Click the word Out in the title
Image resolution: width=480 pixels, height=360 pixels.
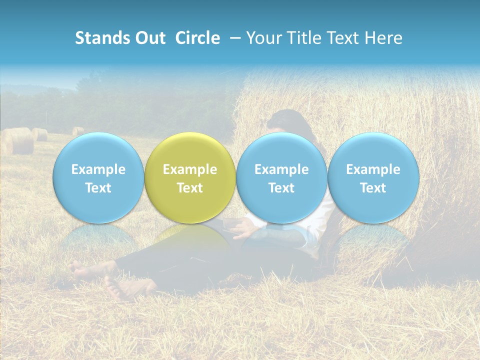(x=148, y=38)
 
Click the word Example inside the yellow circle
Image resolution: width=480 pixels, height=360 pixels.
(x=190, y=169)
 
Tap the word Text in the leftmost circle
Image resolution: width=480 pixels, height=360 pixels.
(x=98, y=188)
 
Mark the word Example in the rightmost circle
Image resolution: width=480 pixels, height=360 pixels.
(x=373, y=169)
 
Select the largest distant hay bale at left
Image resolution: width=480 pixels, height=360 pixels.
(x=19, y=141)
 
